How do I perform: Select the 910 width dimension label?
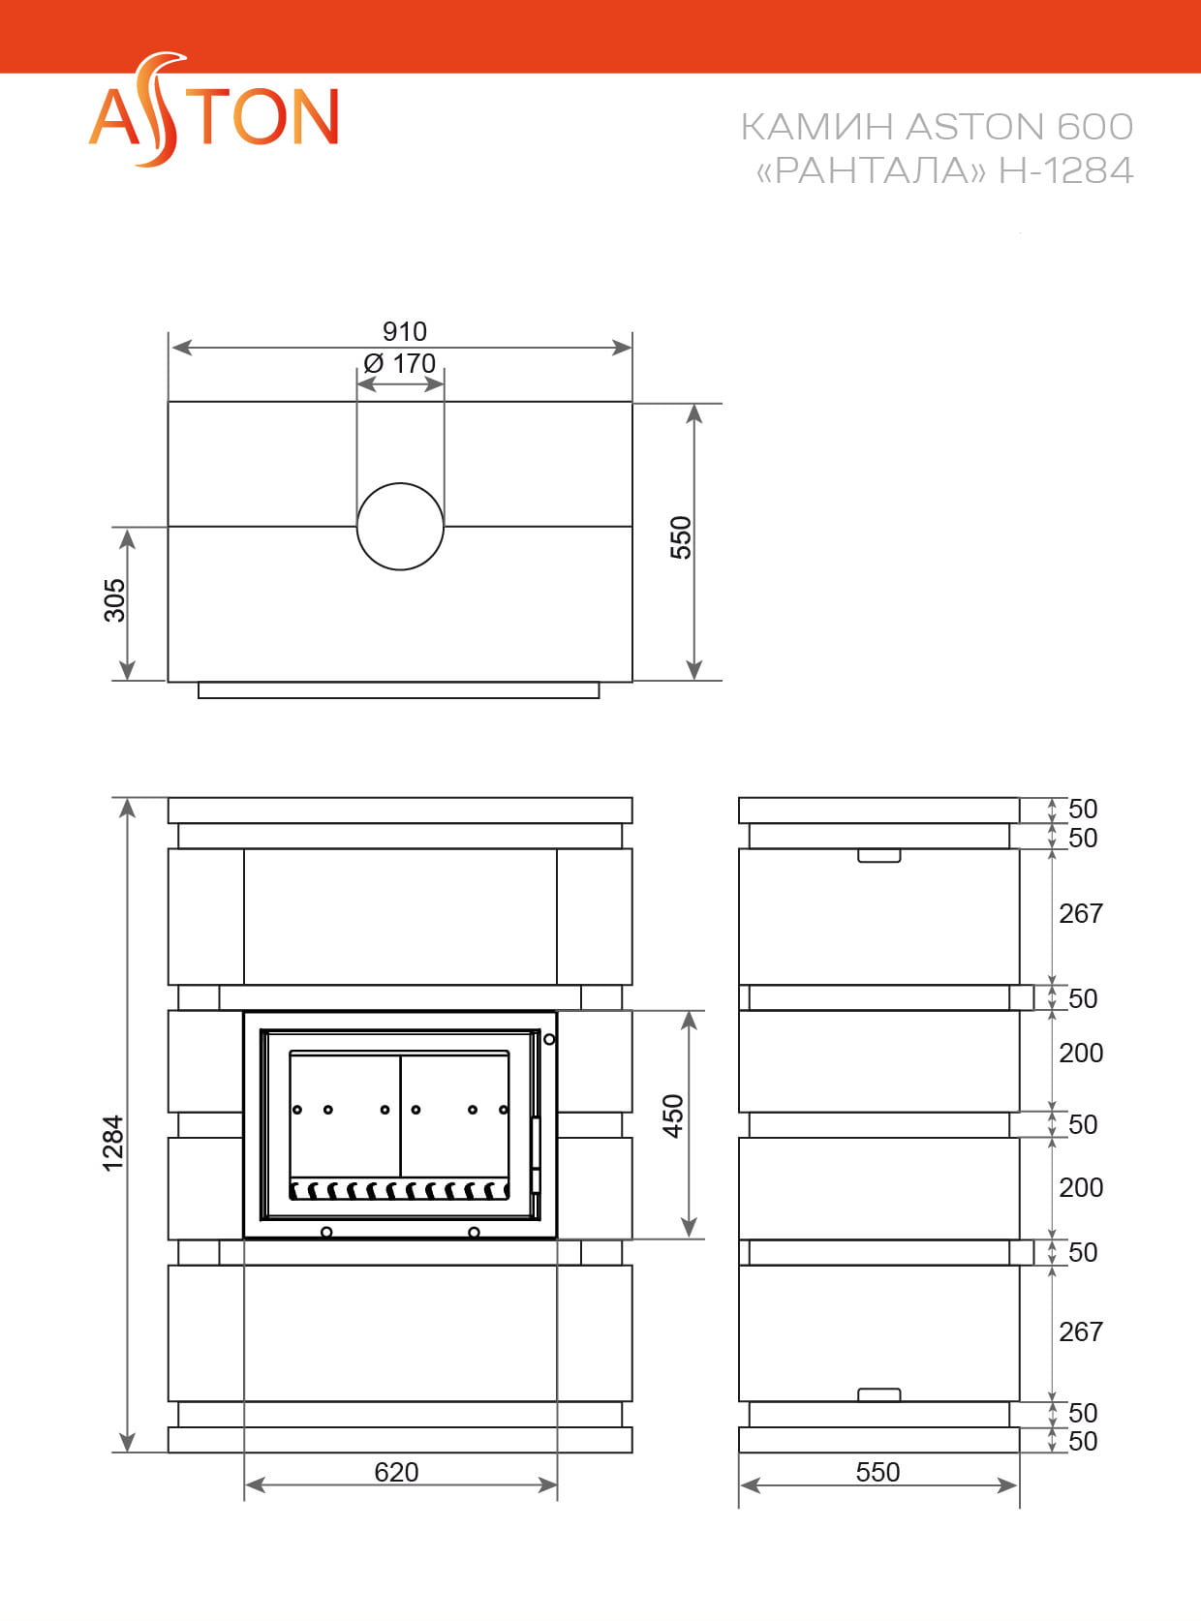click(404, 331)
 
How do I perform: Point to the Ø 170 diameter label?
click(400, 363)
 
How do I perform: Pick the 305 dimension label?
click(114, 600)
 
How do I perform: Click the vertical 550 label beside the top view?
click(681, 537)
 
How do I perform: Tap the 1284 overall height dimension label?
click(113, 1144)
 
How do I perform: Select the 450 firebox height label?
click(672, 1116)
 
